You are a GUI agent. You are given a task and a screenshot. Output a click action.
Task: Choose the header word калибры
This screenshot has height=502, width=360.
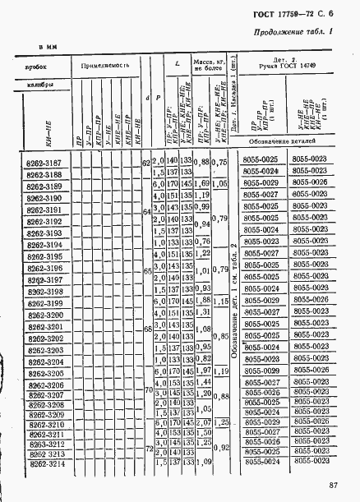pos(41,85)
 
